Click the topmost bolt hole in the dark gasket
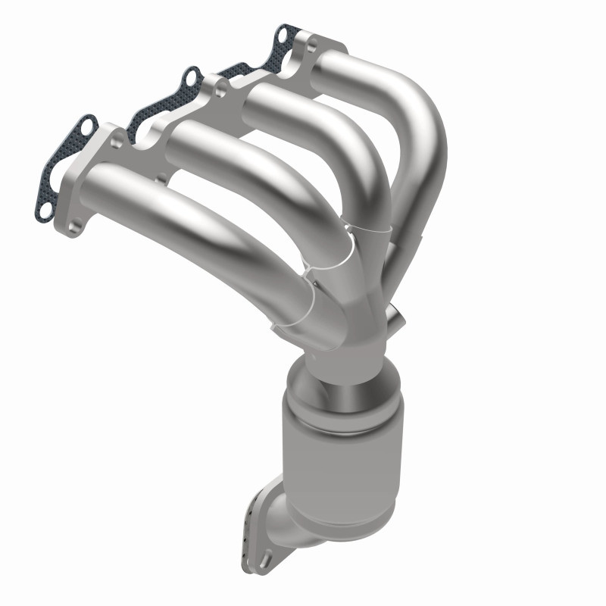tap(283, 35)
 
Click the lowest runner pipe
tap(189, 220)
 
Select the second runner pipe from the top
tap(318, 114)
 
